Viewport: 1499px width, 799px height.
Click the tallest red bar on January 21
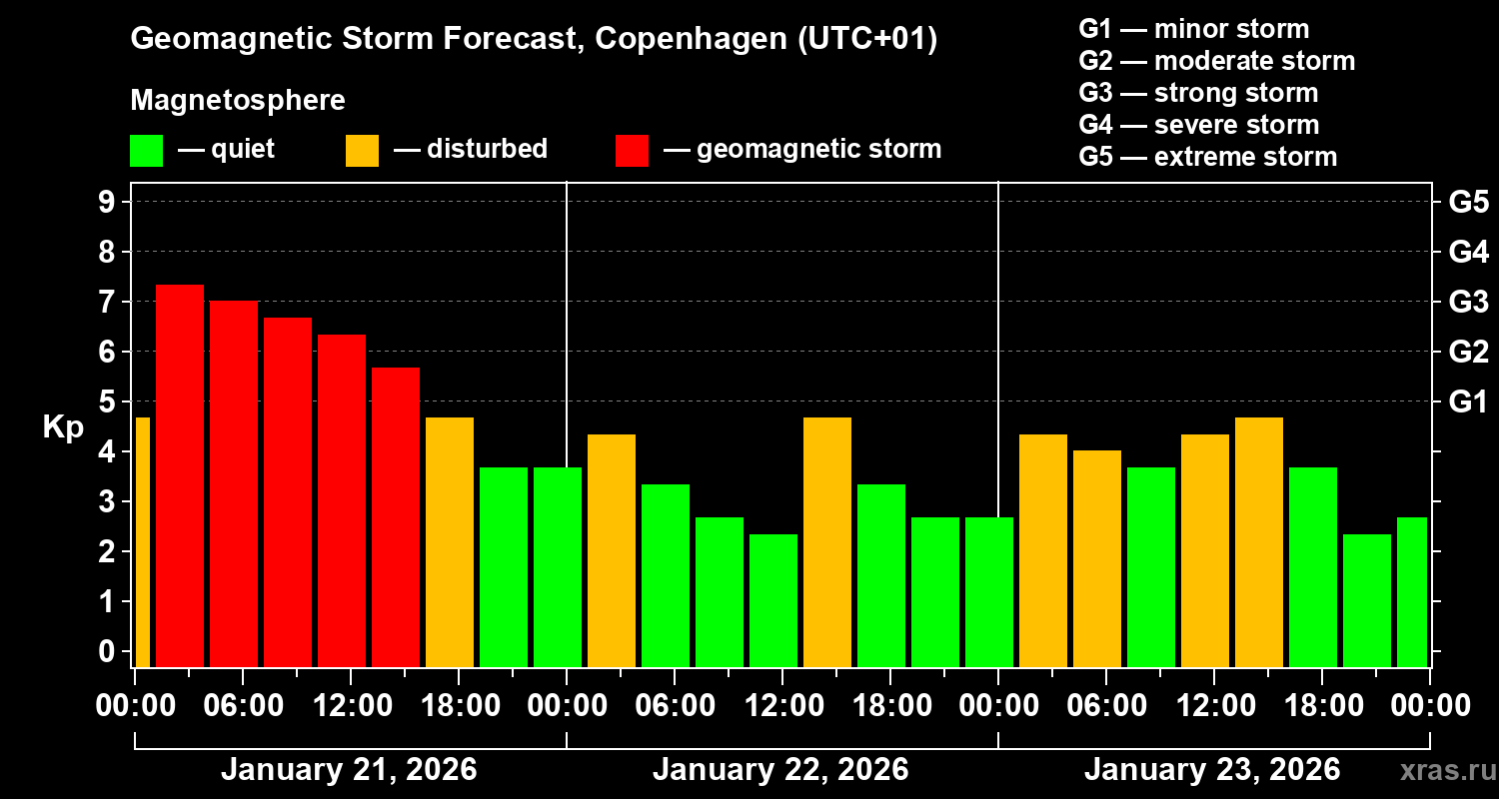point(180,475)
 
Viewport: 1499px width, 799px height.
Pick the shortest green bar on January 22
point(773,600)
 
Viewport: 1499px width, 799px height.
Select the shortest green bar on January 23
point(1367,600)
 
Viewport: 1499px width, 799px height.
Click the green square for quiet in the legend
point(146,151)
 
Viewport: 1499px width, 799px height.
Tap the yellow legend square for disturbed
point(362,151)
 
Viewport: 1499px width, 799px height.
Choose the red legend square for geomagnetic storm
point(632,151)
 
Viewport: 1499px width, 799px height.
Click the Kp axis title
point(62,427)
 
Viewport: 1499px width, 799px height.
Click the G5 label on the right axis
point(1468,202)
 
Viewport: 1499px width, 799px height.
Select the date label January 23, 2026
point(1211,770)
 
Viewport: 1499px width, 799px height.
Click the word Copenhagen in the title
point(680,40)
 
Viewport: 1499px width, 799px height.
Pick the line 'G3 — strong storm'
point(1198,93)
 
